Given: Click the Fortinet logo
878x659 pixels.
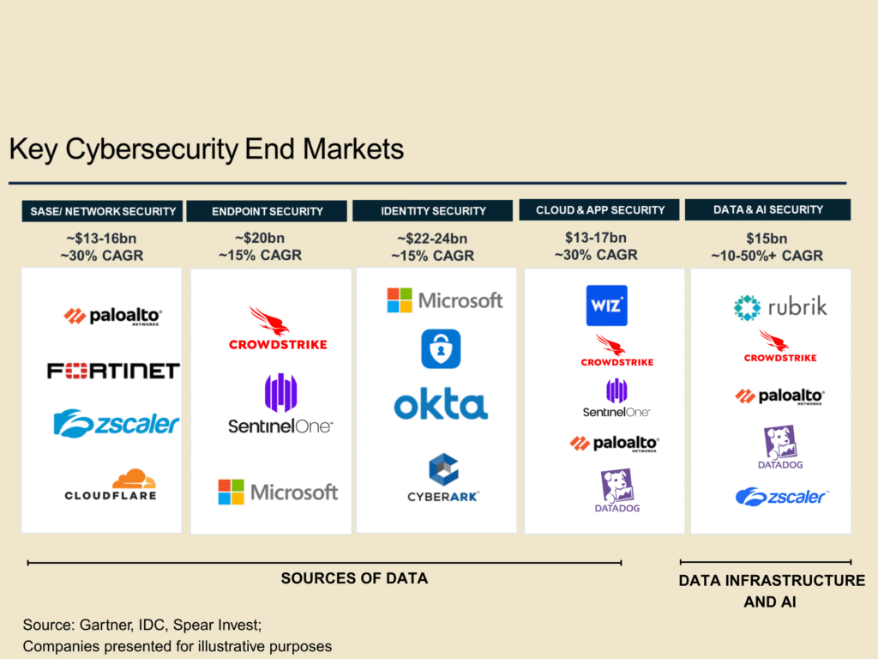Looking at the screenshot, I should coord(113,371).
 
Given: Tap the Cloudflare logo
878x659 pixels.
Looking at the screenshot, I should coord(111,485).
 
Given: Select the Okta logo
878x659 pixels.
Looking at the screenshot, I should coord(441,404).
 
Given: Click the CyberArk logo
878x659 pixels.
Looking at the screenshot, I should coord(443,479).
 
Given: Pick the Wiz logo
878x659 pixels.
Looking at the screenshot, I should coord(606,305).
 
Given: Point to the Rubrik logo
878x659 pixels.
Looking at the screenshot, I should coord(780,307).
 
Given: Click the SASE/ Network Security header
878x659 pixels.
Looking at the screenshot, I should coord(103,211).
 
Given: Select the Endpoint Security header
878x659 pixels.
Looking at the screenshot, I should coord(268,211).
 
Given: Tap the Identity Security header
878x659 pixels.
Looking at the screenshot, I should coord(433,210).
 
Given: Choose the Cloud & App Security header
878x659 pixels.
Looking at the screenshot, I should coord(600,209).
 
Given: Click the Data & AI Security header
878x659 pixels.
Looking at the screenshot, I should coord(768,209).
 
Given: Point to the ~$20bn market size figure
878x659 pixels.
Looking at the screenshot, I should coord(260,239).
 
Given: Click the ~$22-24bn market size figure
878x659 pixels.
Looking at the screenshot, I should coord(432,239).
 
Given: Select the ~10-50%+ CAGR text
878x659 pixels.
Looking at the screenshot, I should coord(767,256).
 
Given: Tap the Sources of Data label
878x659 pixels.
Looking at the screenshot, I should coord(354,578).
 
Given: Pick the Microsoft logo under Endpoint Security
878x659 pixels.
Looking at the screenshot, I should coord(277,492).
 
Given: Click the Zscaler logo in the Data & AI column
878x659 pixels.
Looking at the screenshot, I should coord(780,497).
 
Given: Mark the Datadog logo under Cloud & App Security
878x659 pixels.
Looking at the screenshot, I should coord(617,491).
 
